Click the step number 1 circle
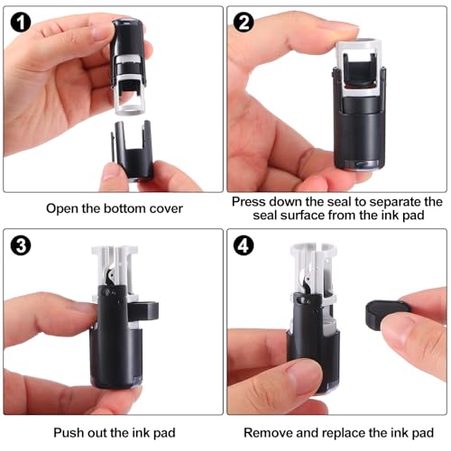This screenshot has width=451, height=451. coord(21,23)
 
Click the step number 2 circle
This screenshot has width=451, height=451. coord(244,23)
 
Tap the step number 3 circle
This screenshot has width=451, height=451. coord(21,245)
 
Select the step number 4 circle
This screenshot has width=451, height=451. coord(244,245)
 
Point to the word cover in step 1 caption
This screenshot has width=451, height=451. coord(165,208)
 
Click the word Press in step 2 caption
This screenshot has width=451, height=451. coord(249,202)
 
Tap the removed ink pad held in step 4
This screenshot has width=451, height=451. coord(386,314)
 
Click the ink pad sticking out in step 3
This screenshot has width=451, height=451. coord(144,311)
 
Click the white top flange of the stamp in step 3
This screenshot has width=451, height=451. coord(115,250)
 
